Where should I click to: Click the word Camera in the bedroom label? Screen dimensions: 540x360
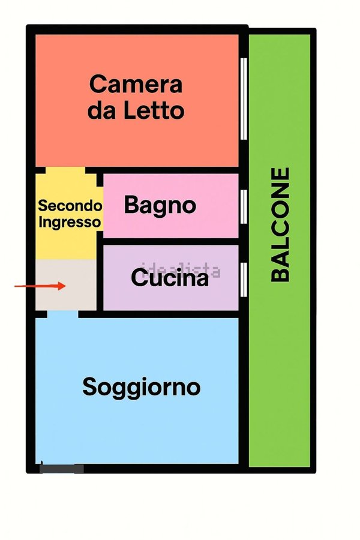136,84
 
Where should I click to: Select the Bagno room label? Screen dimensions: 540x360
160,205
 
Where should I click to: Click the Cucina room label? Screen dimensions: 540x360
170,278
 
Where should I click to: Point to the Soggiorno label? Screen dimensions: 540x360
141,387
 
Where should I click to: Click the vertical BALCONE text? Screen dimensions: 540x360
281,224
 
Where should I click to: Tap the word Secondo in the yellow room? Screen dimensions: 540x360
70,206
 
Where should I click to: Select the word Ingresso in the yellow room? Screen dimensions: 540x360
70,221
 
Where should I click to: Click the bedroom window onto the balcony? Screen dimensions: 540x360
244,98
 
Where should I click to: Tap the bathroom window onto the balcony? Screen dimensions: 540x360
244,205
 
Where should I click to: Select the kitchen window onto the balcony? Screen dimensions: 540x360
244,279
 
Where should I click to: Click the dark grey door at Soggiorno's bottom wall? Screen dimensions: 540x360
61,469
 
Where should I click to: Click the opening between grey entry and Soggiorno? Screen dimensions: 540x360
62,313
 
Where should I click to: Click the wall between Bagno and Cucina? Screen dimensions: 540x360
171,241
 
